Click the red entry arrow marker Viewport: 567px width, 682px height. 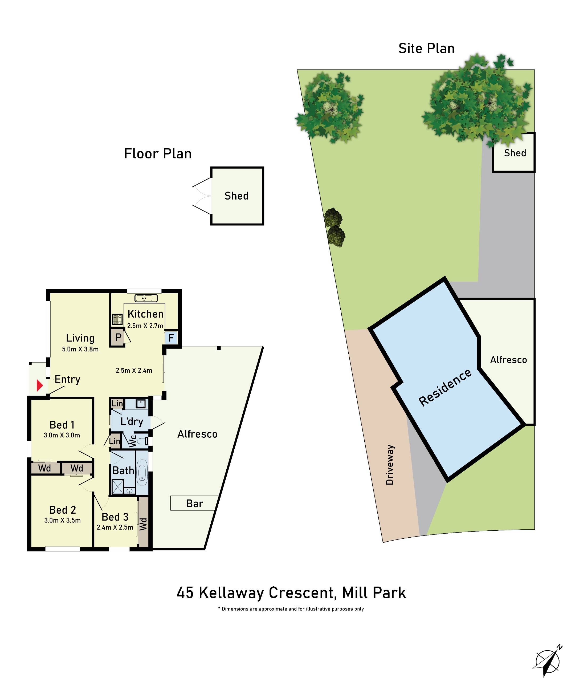(x=40, y=385)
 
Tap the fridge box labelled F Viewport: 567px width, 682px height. (x=171, y=338)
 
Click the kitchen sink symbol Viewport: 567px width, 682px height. (x=146, y=298)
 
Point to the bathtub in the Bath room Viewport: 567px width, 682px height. (x=142, y=473)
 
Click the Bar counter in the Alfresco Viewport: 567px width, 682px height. (x=194, y=504)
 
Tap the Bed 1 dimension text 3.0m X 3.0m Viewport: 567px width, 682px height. (x=62, y=435)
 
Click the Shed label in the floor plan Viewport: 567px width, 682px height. (x=236, y=196)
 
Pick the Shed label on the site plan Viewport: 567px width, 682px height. (x=515, y=153)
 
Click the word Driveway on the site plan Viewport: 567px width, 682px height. (x=390, y=465)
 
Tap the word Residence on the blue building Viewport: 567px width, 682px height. (x=445, y=387)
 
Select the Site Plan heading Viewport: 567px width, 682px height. (x=426, y=48)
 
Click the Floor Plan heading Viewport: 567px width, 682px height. (x=158, y=154)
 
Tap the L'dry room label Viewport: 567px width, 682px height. (x=132, y=421)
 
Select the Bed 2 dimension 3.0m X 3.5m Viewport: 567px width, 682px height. (x=62, y=520)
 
